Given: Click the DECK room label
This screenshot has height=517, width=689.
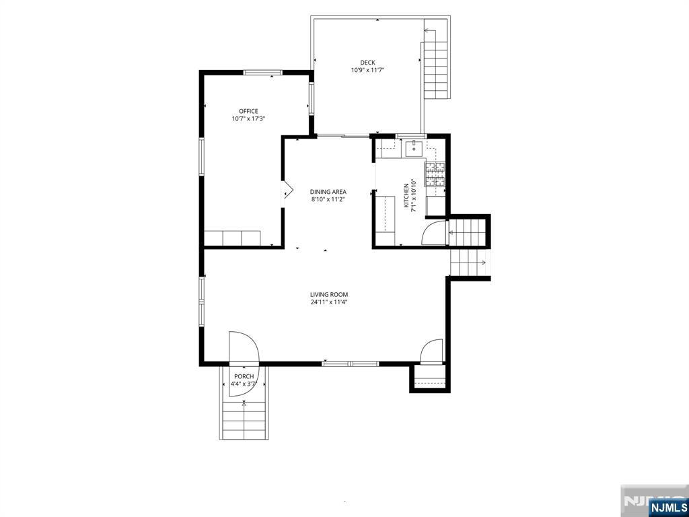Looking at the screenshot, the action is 367,63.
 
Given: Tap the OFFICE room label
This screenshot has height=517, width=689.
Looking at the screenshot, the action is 248,111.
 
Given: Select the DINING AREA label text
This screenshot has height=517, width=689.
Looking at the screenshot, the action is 328,192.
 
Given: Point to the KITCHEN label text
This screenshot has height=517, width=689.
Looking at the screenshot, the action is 406,195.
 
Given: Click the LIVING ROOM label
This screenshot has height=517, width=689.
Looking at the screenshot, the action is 329,295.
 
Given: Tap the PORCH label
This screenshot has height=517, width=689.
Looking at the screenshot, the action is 244,376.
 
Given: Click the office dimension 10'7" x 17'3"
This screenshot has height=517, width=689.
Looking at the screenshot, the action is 248,118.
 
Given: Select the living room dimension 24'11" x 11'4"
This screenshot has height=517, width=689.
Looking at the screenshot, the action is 329,302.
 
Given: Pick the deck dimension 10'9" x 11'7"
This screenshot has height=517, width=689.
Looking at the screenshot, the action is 367,70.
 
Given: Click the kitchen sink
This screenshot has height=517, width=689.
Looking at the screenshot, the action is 414,149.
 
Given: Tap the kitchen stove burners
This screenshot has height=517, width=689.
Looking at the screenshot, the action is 435,174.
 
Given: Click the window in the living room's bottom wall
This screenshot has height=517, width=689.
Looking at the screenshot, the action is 350,364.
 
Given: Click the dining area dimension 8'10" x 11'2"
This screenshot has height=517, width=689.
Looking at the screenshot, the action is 328,199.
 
